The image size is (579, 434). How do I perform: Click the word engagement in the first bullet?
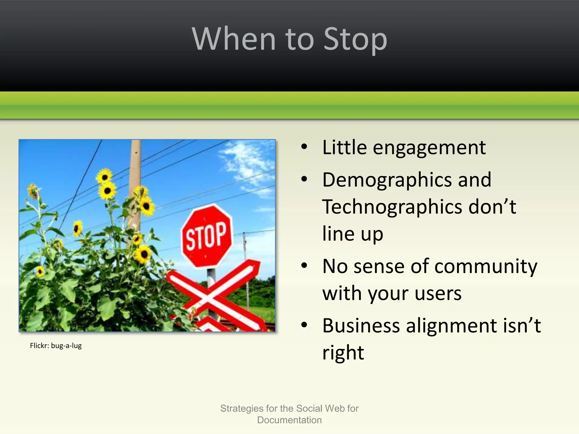[429, 148]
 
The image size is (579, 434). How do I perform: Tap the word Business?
[361, 326]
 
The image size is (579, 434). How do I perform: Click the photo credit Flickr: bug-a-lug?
[56, 346]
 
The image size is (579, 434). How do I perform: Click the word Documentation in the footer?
[289, 420]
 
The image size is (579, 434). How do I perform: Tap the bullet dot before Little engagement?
[304, 147]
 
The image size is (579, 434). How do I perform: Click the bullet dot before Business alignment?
[304, 325]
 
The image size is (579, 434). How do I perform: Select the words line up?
[353, 234]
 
